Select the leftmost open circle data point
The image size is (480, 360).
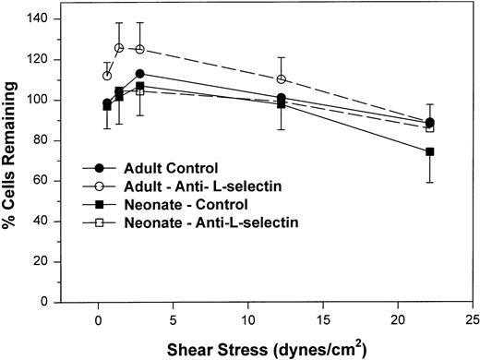(107, 76)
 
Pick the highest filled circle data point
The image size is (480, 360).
(139, 74)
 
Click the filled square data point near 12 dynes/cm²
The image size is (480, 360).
(282, 103)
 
